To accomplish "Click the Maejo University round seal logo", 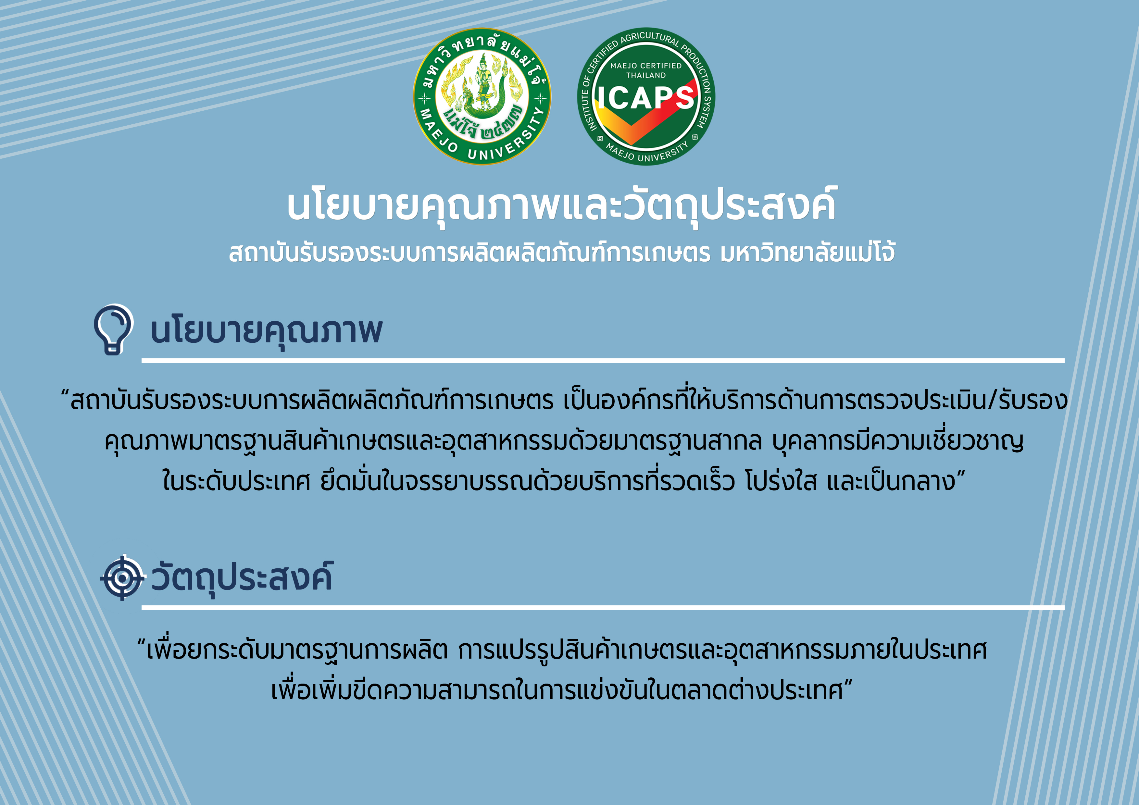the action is tap(482, 96).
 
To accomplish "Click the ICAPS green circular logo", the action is tap(646, 96).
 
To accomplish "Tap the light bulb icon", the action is tap(114, 329).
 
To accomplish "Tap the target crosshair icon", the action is tap(122, 578).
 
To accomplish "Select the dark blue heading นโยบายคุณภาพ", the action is tap(266, 330).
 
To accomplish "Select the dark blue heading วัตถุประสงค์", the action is tap(242, 577).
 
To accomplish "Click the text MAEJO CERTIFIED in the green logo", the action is tap(646, 66).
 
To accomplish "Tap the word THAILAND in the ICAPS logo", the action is tap(646, 75).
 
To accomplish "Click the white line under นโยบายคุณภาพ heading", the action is tap(603, 361).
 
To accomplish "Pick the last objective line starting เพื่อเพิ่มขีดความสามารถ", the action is tap(562, 690).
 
